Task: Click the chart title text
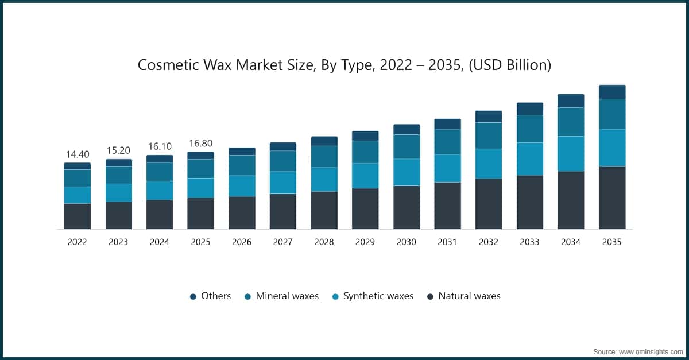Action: (x=344, y=65)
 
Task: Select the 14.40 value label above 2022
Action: (x=77, y=154)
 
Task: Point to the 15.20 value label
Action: (x=118, y=150)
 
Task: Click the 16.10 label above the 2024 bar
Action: (x=159, y=146)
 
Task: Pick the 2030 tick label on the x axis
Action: (x=406, y=242)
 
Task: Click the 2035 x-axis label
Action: (x=612, y=242)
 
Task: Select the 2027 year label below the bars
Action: (x=282, y=242)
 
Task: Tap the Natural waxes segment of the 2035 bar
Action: (x=612, y=198)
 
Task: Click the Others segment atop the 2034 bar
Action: (x=571, y=100)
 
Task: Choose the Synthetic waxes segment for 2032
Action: (x=489, y=164)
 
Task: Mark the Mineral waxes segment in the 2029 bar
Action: (x=365, y=152)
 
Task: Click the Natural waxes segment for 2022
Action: (x=77, y=216)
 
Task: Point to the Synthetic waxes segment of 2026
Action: (x=242, y=186)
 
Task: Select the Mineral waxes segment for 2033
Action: (x=529, y=129)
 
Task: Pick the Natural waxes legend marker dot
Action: (x=430, y=297)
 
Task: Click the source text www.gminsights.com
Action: (x=637, y=350)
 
